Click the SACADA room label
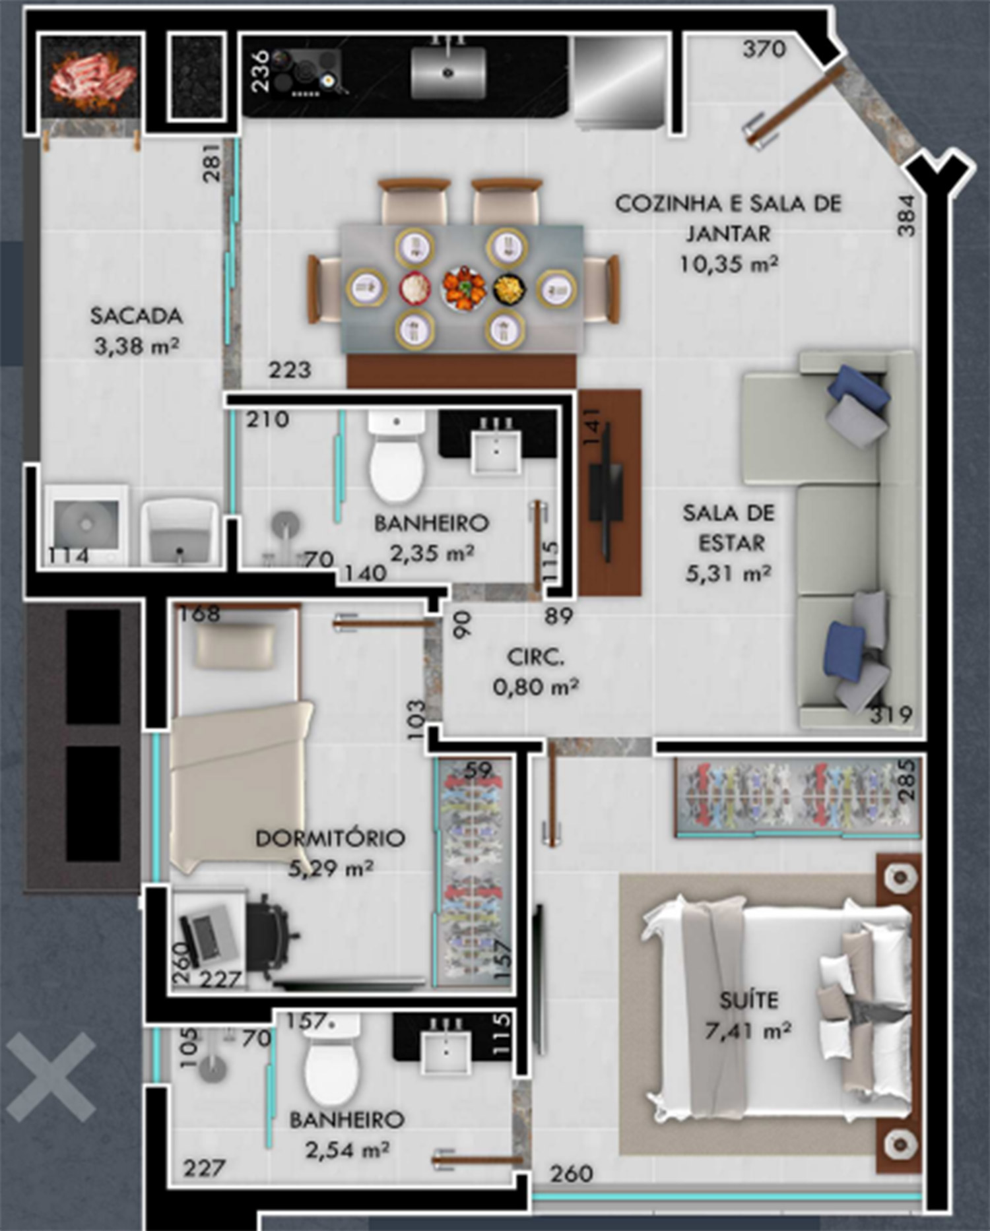[x=136, y=316]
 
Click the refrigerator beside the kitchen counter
[x=620, y=82]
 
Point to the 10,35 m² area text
[x=729, y=264]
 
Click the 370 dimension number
[x=764, y=49]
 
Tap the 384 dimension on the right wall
[x=907, y=215]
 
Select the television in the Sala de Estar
[x=606, y=491]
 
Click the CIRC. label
[x=535, y=657]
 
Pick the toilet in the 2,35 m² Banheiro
[x=396, y=456]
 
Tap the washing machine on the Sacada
[x=86, y=525]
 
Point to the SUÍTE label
[x=748, y=1000]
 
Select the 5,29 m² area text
[x=331, y=868]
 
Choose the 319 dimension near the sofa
[x=891, y=714]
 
